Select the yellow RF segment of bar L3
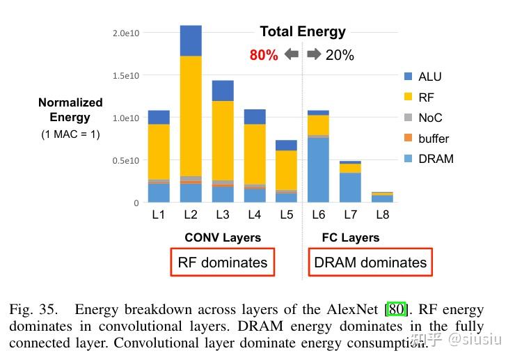click(223, 139)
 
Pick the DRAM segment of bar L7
click(350, 187)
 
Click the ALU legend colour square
click(408, 77)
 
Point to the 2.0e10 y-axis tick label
click(125, 33)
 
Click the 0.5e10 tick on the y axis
click(125, 160)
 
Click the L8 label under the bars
click(381, 214)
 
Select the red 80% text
click(264, 55)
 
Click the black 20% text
click(340, 55)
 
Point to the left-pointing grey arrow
click(292, 54)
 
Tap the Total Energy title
click(303, 31)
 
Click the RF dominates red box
click(223, 263)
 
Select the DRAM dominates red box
click(370, 263)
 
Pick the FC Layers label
click(351, 237)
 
